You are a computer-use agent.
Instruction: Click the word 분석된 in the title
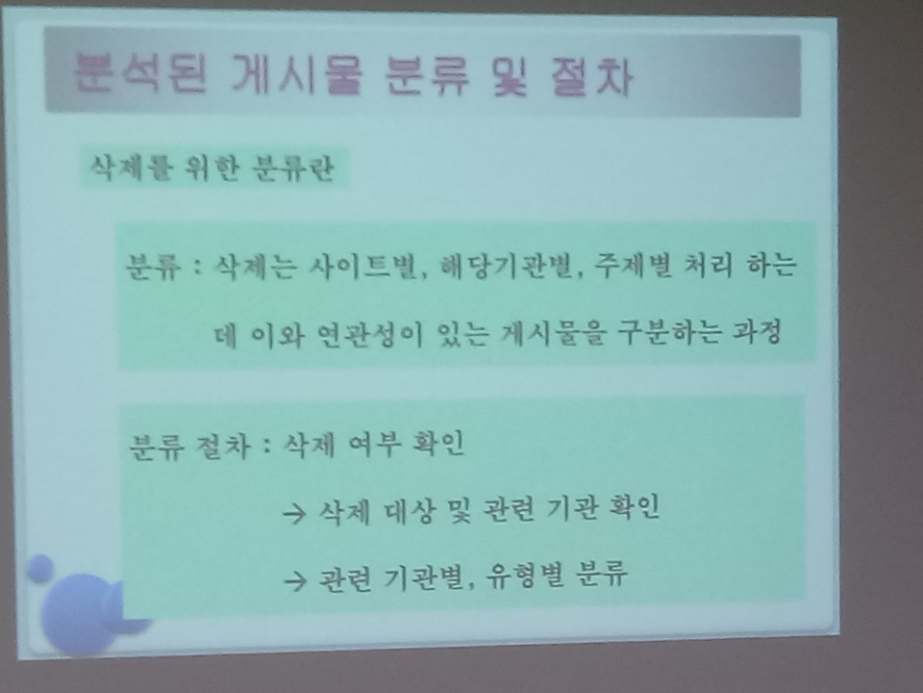pos(140,74)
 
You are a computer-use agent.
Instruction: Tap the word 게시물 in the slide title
pos(297,75)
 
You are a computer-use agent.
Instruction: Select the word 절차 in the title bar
pos(591,77)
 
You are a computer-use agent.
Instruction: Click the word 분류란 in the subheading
pos(292,167)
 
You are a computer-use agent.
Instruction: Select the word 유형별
pos(524,575)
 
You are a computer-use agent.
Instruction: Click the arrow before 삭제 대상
pos(294,514)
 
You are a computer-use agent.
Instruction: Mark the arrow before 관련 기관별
pos(295,581)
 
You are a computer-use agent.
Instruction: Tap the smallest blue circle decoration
pos(40,568)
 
